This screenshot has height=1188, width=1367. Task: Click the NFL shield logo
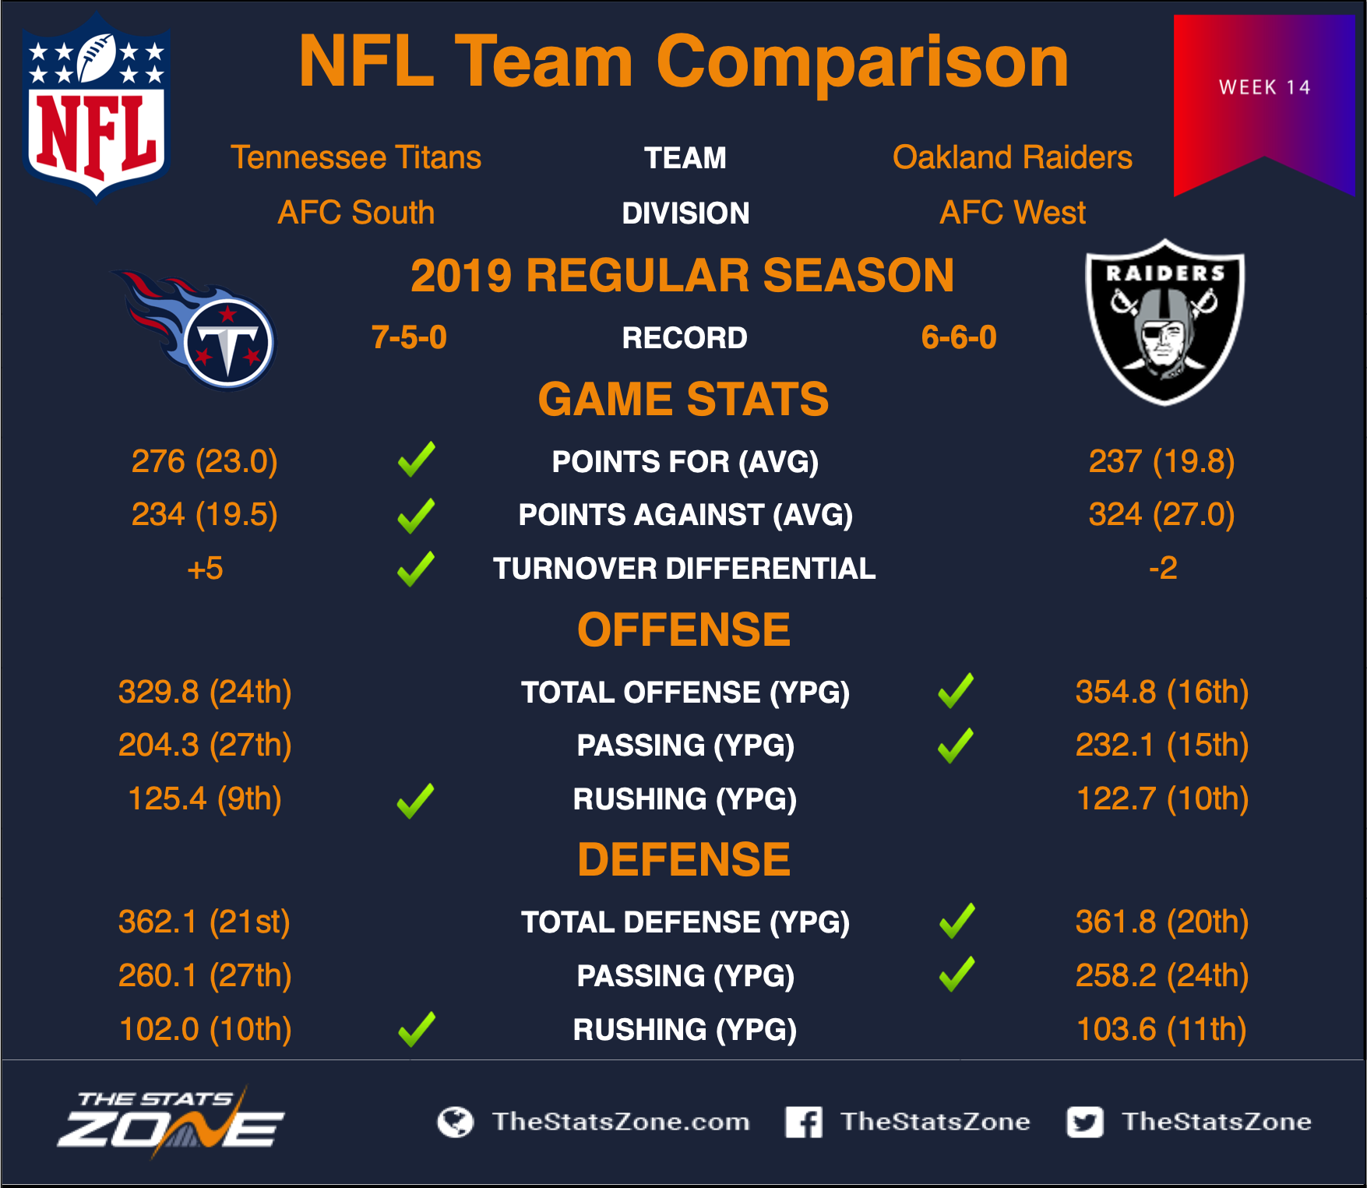pos(97,106)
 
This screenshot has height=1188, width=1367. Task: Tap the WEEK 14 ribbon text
pos(1265,87)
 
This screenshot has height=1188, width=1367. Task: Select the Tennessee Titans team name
pos(356,157)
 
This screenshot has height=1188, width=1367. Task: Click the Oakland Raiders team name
pos(1012,157)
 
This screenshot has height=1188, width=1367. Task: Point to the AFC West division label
pos(1012,213)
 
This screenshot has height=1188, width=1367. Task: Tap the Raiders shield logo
pos(1164,322)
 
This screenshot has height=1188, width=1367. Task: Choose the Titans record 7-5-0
pos(409,337)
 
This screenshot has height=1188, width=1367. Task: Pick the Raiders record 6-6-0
pos(959,337)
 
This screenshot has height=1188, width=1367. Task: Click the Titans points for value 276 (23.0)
pos(204,461)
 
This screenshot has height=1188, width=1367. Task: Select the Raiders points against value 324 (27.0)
pos(1161,514)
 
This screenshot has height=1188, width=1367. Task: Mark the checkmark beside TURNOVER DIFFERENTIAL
pos(416,569)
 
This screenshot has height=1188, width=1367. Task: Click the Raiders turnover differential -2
pos(1163,568)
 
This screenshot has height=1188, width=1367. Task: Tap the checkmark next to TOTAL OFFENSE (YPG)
pos(956,690)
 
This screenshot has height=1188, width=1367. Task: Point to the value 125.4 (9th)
pos(204,798)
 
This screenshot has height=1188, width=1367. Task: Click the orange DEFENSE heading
pos(684,859)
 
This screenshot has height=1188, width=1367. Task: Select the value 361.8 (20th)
pos(1161,922)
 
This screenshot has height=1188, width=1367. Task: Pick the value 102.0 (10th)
pos(205,1029)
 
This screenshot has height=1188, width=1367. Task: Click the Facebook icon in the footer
pos(804,1122)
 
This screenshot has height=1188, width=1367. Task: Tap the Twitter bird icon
pos(1085,1122)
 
